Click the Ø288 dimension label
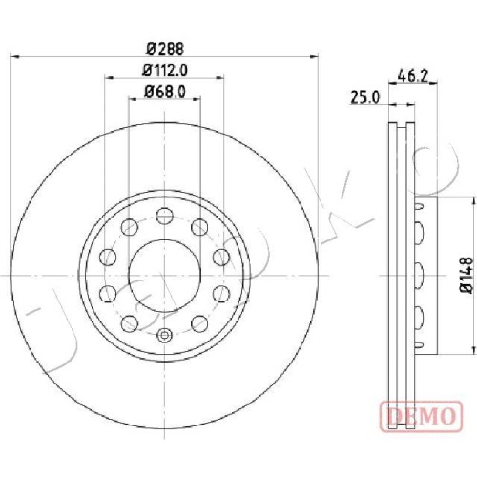point(165,50)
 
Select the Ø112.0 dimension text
point(165,71)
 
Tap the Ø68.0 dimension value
point(165,92)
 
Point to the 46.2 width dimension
point(413,76)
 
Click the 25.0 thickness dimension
point(365,97)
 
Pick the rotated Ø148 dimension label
point(467,276)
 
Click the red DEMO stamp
point(421,417)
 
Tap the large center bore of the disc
point(165,276)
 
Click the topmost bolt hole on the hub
point(165,216)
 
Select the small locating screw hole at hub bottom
point(165,335)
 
